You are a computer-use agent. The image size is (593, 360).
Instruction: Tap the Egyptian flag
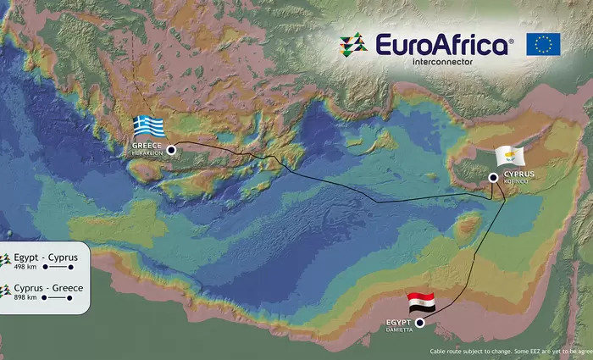(421, 302)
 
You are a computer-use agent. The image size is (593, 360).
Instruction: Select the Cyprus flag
(510, 157)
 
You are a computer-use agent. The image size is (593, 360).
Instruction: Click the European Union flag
(543, 45)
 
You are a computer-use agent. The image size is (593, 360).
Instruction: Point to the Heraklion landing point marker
(171, 150)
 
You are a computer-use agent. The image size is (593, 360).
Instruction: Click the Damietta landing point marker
(419, 323)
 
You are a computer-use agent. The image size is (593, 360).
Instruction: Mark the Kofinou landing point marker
(493, 177)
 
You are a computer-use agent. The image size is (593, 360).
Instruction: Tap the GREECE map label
(146, 147)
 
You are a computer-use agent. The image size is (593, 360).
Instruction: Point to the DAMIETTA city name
(400, 330)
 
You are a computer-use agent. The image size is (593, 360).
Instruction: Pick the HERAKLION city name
(147, 153)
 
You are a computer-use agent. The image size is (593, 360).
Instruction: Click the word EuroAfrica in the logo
(443, 44)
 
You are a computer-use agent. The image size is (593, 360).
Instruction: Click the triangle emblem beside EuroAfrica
(353, 45)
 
